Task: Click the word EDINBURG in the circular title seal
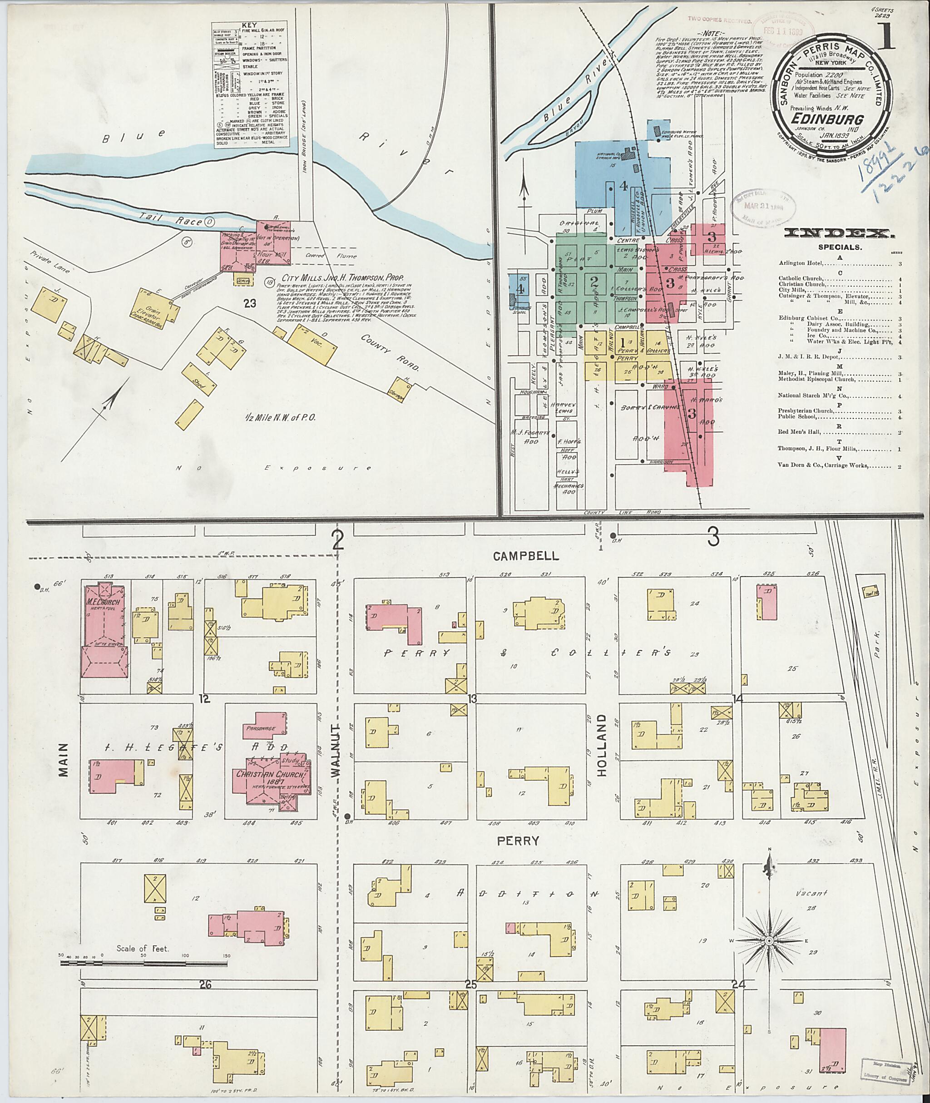(821, 119)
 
